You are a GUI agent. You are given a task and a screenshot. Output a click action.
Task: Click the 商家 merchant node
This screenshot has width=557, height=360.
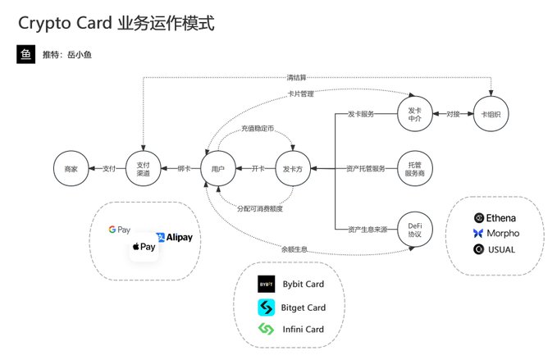coord(71,168)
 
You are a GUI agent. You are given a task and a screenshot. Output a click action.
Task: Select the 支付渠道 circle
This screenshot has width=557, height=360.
coord(143,168)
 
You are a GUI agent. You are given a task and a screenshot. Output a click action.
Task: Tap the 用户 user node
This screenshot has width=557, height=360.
coord(218,168)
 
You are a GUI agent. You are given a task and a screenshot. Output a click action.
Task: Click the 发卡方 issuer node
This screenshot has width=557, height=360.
coord(292,168)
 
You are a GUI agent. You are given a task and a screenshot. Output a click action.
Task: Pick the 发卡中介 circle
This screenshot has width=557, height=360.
coord(414,114)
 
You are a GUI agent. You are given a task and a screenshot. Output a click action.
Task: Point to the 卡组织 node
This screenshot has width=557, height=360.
coord(491,114)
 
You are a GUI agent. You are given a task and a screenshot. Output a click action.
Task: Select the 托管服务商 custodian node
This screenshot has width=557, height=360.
coord(414,168)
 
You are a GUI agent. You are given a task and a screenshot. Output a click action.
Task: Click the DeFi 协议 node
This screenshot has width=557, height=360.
coord(414,229)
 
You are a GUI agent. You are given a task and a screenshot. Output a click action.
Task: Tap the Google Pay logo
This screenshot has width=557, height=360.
coord(120,230)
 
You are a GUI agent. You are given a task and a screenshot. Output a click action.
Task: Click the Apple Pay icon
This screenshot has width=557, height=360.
coord(144,246)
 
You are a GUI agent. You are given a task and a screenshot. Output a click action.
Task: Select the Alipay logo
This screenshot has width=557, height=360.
coord(175,238)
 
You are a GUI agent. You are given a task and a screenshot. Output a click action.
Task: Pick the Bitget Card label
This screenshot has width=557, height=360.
coord(303,308)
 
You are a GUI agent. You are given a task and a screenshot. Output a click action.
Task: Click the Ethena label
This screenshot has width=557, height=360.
coord(501,218)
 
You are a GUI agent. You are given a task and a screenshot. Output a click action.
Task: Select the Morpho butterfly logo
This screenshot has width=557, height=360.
coord(478,234)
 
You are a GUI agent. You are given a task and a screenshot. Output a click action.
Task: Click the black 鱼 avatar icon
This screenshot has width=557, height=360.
coord(26,54)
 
